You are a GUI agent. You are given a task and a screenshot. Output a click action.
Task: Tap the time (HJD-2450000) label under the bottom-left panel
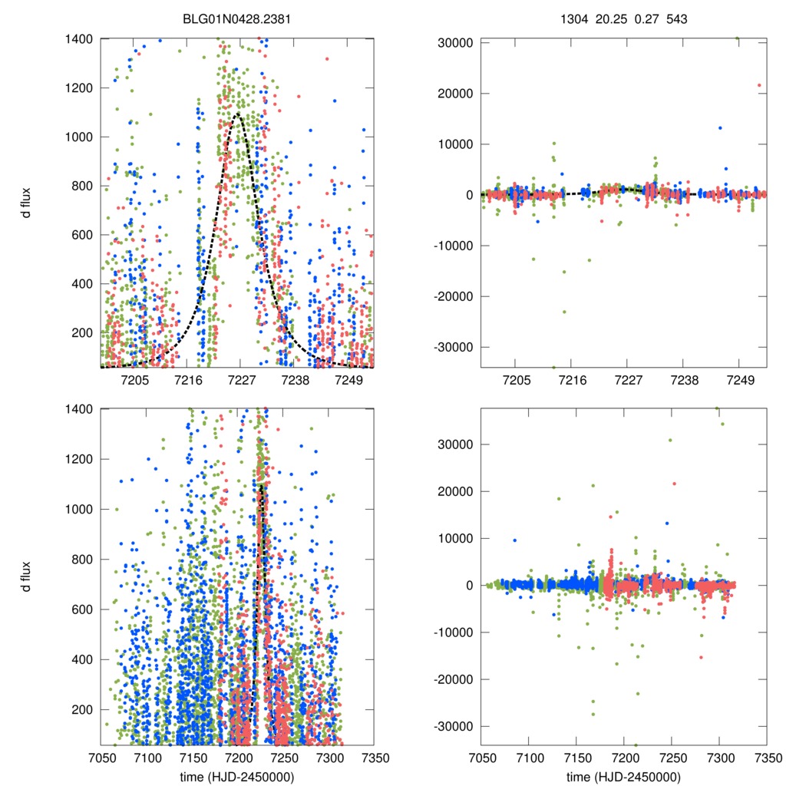238,777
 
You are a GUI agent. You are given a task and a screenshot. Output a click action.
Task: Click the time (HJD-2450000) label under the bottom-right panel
623,777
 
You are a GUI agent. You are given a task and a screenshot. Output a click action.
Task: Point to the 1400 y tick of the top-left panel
80,39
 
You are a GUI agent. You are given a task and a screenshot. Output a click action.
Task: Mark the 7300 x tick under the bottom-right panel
718,757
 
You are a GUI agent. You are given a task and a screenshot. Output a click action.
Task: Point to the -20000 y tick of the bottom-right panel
453,679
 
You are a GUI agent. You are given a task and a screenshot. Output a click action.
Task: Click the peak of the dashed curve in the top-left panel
238,115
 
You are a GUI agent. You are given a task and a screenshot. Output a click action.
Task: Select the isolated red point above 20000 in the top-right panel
759,85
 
